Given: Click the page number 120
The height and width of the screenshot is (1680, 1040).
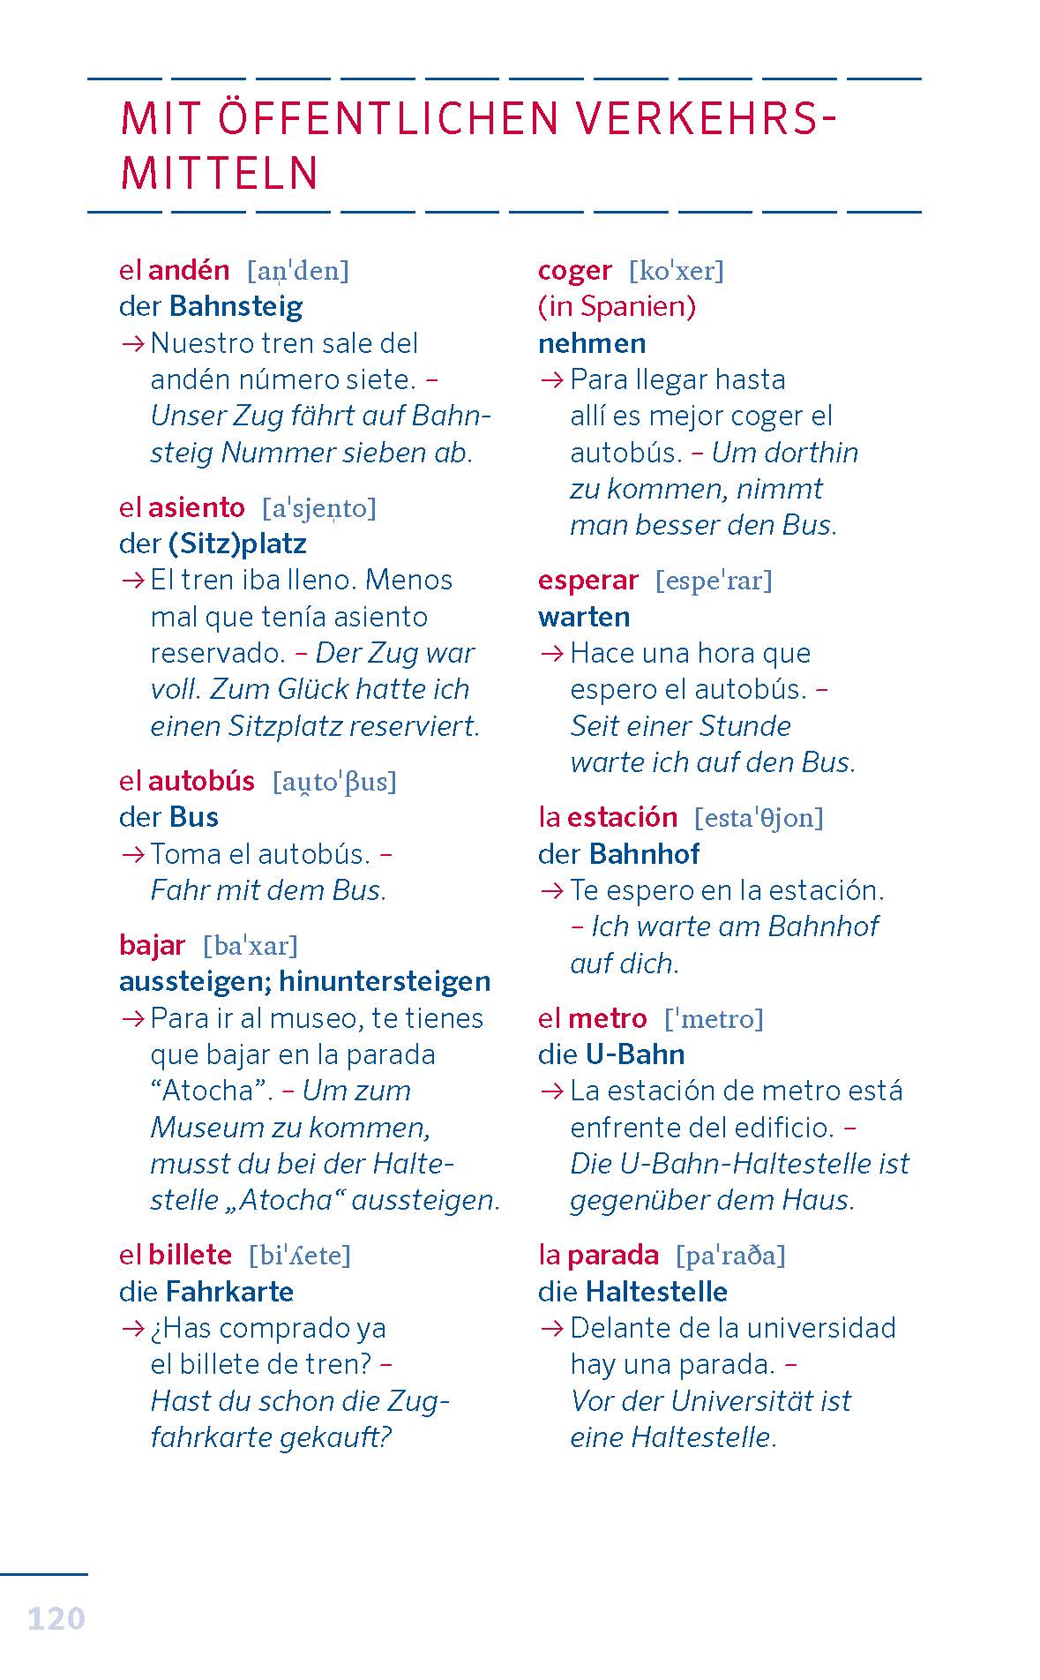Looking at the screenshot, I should (x=56, y=1618).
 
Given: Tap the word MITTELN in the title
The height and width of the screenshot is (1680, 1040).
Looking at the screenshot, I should (x=219, y=173).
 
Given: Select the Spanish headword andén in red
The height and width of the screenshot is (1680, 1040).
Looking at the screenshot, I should (x=189, y=270).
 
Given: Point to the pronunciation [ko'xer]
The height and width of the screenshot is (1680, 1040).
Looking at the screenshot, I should (x=676, y=271).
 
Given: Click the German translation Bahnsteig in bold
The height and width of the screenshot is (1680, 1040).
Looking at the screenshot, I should (x=236, y=306).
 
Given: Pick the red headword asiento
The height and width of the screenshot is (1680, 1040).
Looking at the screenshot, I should (x=197, y=507).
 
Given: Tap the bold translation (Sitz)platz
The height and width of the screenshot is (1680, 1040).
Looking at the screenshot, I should (x=237, y=544).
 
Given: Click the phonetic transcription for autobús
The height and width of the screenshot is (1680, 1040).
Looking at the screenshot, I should (x=334, y=782).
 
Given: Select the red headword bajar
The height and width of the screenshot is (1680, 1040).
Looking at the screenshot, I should (x=152, y=945).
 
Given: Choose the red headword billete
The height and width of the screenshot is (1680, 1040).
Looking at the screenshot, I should (x=190, y=1255).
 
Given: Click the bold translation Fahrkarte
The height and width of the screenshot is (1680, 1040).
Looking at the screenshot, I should (x=229, y=1292).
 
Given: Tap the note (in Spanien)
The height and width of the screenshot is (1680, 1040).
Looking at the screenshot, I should (x=617, y=306).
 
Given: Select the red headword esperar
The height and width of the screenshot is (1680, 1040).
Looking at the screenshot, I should (x=587, y=580).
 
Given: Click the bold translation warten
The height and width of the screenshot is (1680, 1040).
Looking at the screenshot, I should (x=584, y=617).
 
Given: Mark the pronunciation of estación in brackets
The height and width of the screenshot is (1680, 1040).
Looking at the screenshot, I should (x=759, y=818).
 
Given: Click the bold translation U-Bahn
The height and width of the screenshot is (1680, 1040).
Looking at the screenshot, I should (x=635, y=1054).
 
